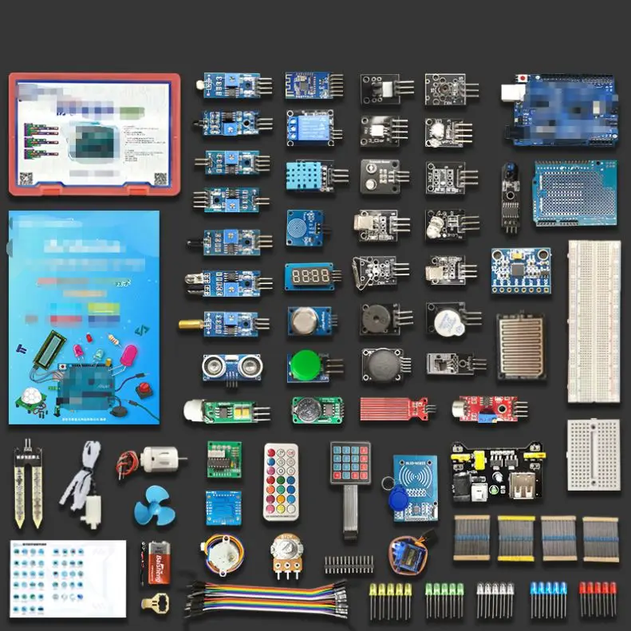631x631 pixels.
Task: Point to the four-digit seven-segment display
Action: pos(307,276)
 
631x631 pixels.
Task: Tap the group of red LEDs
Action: pos(597,599)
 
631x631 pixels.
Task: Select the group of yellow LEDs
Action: pos(390,600)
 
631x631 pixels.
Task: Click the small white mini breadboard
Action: pos(593,455)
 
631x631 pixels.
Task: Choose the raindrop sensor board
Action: pos(522,345)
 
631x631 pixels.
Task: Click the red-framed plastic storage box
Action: pos(94,133)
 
